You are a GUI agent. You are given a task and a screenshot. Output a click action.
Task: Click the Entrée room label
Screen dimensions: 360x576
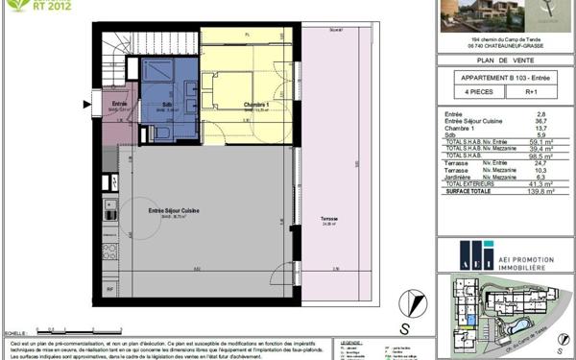119,104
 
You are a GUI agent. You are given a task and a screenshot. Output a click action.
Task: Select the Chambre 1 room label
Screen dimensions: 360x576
227,104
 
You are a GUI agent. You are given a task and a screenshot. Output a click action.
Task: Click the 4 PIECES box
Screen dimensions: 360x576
467,92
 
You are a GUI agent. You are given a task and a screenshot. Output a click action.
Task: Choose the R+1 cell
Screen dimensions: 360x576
533,92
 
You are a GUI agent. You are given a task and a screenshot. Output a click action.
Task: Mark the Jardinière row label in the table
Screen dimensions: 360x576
461,177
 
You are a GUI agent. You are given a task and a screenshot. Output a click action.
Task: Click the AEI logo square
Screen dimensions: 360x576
476,256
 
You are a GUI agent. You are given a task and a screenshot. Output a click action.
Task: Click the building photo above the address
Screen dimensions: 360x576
480,13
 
